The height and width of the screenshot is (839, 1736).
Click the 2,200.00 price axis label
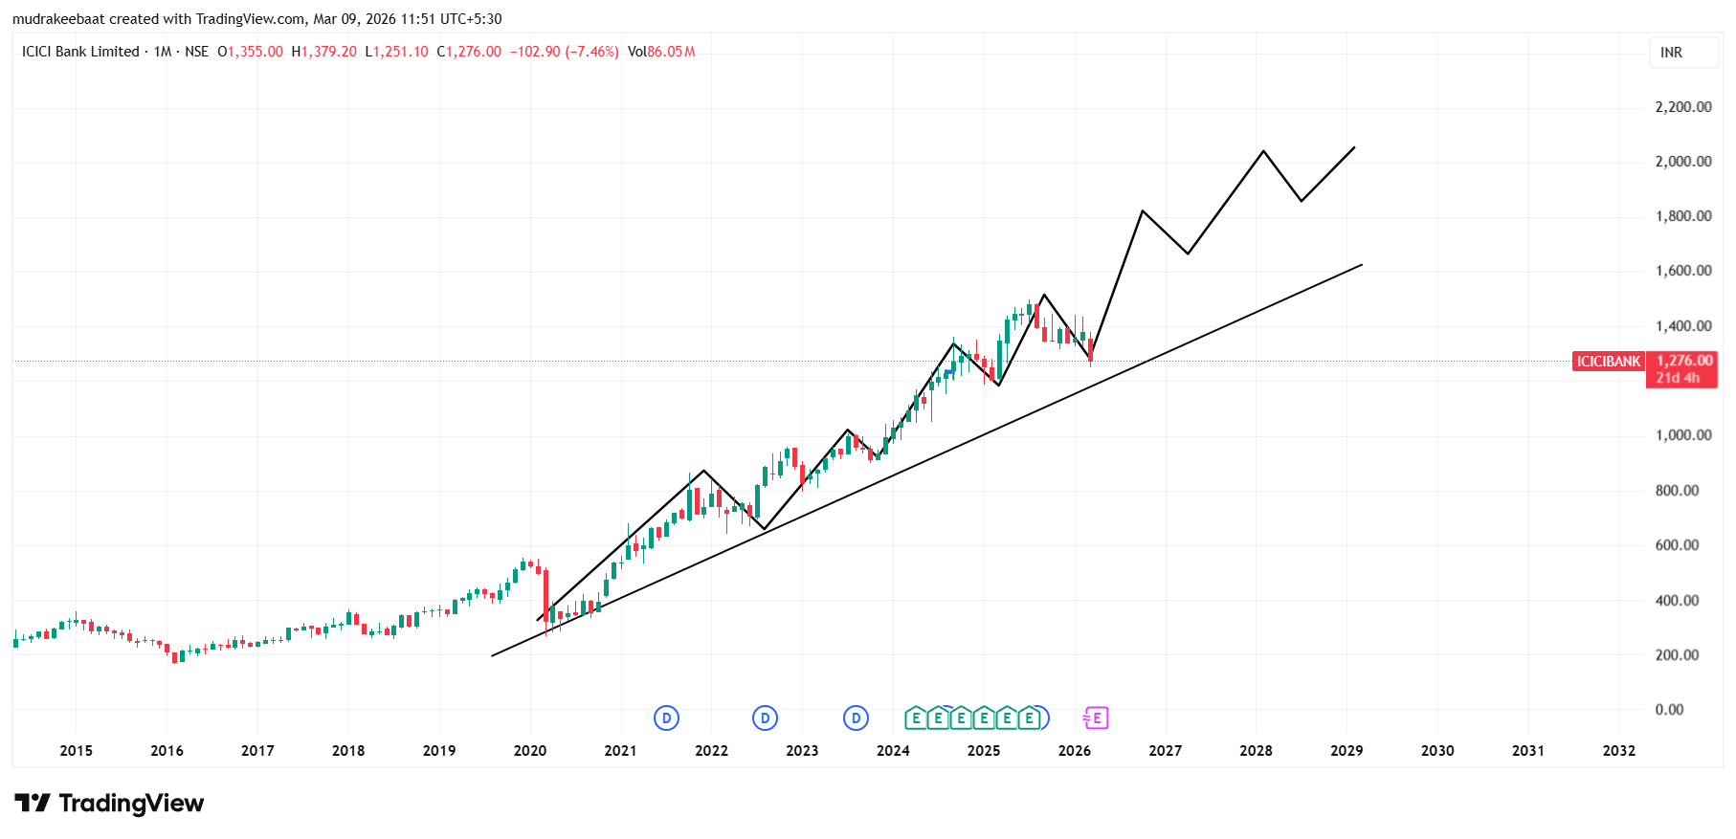point(1682,107)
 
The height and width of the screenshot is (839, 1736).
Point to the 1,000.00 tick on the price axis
point(1682,435)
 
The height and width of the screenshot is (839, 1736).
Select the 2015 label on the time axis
point(76,751)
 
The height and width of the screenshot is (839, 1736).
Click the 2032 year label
point(1618,751)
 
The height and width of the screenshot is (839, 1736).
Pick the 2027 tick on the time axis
point(1165,751)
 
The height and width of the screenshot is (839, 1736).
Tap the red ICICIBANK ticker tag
point(1608,362)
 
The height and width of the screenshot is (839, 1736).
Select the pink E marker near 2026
point(1095,718)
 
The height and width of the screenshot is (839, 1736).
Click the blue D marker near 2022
point(765,718)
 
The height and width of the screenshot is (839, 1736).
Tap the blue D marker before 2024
point(856,718)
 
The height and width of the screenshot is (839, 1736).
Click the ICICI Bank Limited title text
point(80,52)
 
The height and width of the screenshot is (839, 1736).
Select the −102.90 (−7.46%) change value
point(564,52)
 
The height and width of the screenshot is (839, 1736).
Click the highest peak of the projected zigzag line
point(1263,151)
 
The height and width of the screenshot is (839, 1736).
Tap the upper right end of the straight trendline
point(1361,265)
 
